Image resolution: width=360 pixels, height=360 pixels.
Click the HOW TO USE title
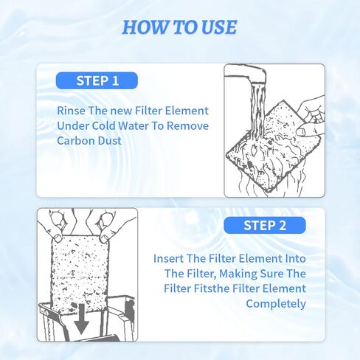point(179,27)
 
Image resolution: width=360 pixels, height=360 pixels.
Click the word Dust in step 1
point(111,140)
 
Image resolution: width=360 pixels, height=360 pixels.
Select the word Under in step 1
point(72,125)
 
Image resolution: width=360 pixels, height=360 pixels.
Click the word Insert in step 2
point(169,259)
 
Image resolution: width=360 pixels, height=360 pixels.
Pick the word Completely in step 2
point(275,303)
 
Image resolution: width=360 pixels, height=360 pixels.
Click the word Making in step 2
point(224,274)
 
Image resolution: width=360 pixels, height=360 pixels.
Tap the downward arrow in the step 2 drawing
point(81,318)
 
